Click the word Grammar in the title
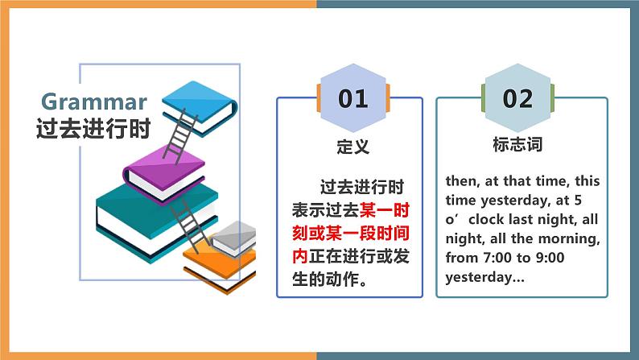pos(94,102)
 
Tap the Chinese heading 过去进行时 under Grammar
pos(93,129)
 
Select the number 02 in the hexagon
pos(517,98)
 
